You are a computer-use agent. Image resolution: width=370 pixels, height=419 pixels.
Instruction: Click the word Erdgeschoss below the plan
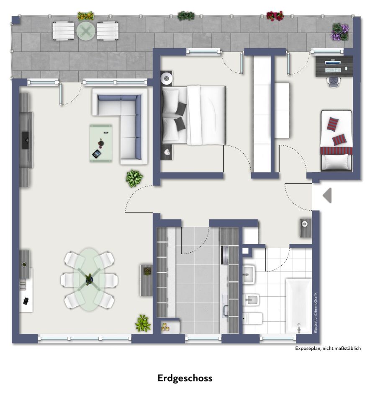pyautogui.click(x=185, y=378)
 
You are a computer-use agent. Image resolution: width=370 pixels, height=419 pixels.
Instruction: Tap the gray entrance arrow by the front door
pyautogui.click(x=327, y=195)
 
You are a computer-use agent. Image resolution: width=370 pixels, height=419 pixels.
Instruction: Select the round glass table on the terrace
pyautogui.click(x=85, y=31)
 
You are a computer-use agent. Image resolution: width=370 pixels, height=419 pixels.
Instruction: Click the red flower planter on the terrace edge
pyautogui.click(x=275, y=16)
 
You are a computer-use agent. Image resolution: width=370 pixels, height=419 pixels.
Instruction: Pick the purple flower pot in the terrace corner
pyautogui.click(x=340, y=32)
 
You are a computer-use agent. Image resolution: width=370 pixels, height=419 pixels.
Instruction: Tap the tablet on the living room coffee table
pyautogui.click(x=97, y=154)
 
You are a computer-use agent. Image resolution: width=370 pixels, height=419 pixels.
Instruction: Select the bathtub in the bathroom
pyautogui.click(x=298, y=306)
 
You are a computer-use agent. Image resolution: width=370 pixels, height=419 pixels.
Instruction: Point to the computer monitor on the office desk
pyautogui.click(x=333, y=62)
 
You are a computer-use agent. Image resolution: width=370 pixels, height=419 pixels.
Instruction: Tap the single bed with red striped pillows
pyautogui.click(x=337, y=140)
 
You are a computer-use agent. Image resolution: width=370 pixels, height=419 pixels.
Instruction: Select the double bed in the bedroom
pyautogui.click(x=194, y=115)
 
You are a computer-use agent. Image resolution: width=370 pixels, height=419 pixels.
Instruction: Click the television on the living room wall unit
pyautogui.click(x=26, y=140)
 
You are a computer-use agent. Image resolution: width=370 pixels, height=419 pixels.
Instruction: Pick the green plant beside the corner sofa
pyautogui.click(x=134, y=178)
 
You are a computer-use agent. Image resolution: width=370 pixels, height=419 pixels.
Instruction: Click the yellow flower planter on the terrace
pyautogui.click(x=85, y=16)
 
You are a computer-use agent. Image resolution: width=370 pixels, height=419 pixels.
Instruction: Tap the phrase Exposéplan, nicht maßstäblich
pyautogui.click(x=328, y=348)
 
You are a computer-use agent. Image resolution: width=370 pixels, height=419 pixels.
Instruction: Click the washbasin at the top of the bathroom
pyautogui.click(x=249, y=274)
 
